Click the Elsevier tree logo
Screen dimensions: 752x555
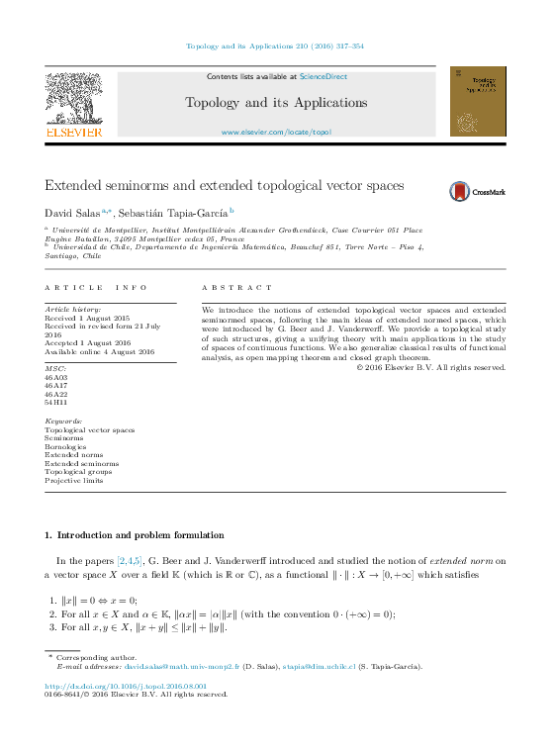(73, 103)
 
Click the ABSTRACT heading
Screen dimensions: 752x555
(235, 287)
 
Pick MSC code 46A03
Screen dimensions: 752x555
(56, 377)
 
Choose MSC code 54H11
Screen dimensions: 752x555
(56, 402)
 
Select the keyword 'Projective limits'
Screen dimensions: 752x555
(74, 480)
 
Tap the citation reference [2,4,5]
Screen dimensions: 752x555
(130, 560)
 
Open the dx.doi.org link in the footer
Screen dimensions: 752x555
(126, 685)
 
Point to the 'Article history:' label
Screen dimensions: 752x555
(70, 310)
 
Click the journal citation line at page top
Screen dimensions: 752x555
(275, 46)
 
